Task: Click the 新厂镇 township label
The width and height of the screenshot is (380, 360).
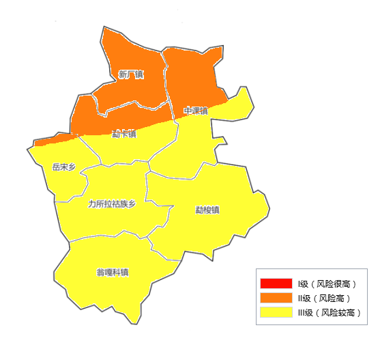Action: pyautogui.click(x=130, y=74)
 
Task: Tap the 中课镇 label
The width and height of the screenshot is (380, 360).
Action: pyautogui.click(x=195, y=111)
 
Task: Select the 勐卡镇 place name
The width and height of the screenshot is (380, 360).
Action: pyautogui.click(x=124, y=134)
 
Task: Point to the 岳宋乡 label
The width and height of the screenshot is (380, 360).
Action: pyautogui.click(x=63, y=166)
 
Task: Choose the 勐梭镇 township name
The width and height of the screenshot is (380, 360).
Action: pyautogui.click(x=207, y=210)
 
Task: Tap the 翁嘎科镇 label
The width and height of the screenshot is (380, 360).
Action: pyautogui.click(x=113, y=272)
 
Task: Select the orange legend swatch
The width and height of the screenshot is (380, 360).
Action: pyautogui.click(x=276, y=299)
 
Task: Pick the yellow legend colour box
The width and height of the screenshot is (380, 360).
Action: pyautogui.click(x=276, y=313)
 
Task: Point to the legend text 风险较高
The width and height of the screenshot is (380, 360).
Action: pyautogui.click(x=338, y=313)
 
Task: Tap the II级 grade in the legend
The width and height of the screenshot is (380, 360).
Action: pyautogui.click(x=304, y=299)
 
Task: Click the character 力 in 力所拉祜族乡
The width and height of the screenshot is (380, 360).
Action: pyautogui.click(x=92, y=204)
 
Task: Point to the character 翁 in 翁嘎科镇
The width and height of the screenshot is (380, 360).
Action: pyautogui.click(x=100, y=272)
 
